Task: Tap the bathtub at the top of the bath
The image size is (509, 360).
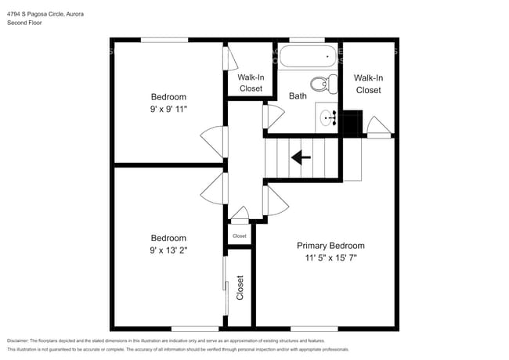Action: tap(309, 56)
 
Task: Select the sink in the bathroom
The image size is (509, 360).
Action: tap(328, 118)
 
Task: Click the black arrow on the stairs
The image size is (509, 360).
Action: tap(301, 157)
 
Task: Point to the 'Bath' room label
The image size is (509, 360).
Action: tap(298, 96)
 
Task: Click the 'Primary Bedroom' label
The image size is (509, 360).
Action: tap(334, 245)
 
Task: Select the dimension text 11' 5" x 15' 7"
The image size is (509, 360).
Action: tap(334, 257)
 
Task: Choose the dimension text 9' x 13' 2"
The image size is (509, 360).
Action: tap(168, 250)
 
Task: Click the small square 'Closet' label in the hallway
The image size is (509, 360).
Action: tap(239, 236)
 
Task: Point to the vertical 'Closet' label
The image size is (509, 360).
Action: tap(240, 287)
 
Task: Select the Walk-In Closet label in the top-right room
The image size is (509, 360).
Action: tap(368, 84)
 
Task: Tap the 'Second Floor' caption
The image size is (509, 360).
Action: tap(24, 23)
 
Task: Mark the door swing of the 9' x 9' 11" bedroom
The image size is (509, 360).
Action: tap(213, 140)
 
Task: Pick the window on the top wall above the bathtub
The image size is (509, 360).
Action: tap(307, 39)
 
